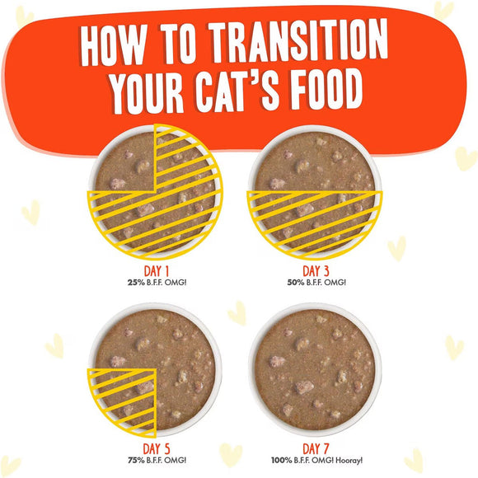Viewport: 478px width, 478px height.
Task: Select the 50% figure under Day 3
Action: click(296, 282)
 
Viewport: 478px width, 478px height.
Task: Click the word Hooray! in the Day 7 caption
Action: click(348, 461)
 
